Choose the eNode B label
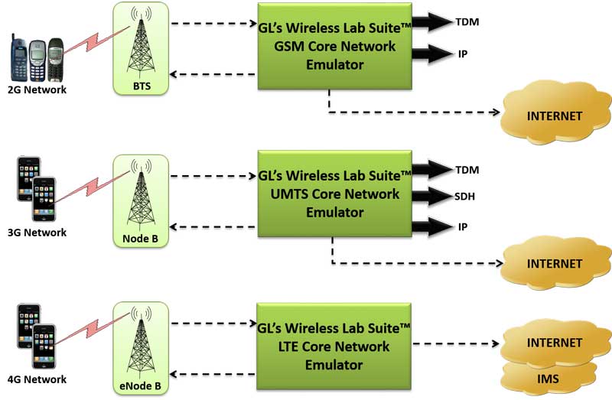tap(139, 388)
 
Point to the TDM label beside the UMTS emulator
tap(467, 169)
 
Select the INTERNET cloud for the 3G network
tap(555, 264)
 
